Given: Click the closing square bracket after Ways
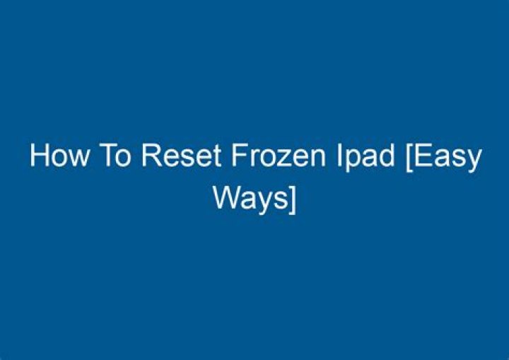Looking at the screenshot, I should coord(291,199).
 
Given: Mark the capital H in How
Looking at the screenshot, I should coord(37,156).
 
